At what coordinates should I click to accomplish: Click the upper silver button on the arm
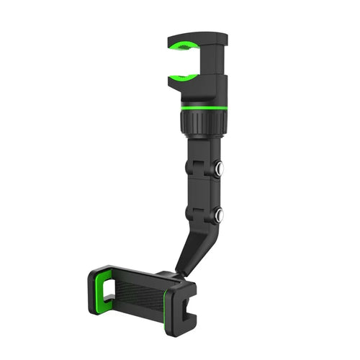coord(218,169)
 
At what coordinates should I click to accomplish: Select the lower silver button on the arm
coord(218,214)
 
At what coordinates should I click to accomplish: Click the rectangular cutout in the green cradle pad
coord(110,290)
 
